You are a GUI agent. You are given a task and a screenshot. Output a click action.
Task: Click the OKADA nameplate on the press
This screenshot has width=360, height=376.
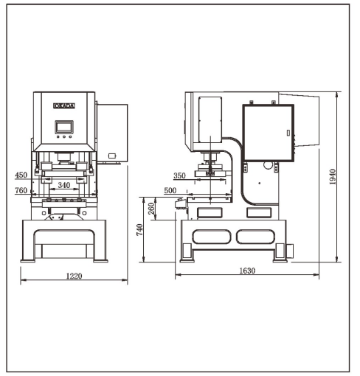(64, 105)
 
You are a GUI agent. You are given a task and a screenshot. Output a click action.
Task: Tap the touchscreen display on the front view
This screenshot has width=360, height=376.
(64, 127)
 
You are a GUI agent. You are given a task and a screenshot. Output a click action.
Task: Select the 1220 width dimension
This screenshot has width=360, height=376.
(74, 276)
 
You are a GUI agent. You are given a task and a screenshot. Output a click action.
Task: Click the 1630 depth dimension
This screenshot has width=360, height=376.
(247, 271)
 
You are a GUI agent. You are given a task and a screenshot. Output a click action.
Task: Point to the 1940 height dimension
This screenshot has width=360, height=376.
(333, 177)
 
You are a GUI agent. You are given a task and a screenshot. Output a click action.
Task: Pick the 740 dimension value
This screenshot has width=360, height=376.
(139, 230)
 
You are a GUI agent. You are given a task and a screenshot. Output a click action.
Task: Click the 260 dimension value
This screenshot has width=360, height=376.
(152, 209)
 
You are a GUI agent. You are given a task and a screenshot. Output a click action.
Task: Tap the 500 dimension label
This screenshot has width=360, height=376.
(170, 190)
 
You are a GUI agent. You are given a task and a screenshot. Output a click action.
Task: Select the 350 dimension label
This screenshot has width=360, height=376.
(179, 175)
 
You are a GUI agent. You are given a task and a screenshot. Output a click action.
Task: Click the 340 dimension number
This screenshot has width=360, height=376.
(64, 185)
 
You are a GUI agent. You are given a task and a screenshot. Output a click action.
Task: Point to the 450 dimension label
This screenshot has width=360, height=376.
(21, 175)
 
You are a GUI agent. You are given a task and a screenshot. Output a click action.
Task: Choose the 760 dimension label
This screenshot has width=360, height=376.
(21, 190)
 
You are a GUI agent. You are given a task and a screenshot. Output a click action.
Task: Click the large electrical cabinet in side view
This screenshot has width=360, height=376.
(269, 133)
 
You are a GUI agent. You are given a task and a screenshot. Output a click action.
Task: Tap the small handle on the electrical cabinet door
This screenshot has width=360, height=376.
(288, 133)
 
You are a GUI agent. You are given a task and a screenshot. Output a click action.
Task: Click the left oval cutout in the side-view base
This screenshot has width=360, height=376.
(212, 237)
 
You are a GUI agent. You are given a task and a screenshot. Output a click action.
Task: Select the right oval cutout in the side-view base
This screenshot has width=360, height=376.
(256, 237)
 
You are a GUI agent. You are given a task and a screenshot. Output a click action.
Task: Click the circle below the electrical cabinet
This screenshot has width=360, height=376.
(268, 165)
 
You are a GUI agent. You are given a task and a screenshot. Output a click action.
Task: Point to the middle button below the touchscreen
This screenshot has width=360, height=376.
(64, 137)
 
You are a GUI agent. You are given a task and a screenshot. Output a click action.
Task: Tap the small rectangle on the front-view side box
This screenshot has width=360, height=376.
(112, 156)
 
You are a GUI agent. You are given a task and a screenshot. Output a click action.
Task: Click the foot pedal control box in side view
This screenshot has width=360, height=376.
(181, 203)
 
